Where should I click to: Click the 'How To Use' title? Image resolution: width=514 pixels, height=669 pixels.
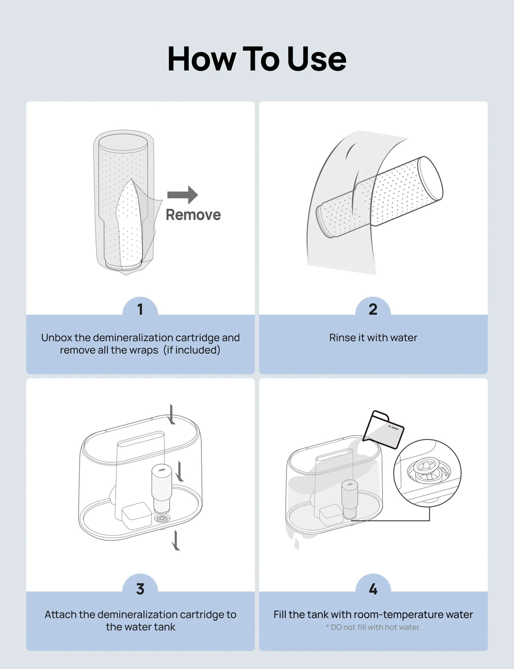(x=257, y=59)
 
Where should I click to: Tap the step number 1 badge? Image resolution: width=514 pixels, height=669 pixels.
(x=140, y=309)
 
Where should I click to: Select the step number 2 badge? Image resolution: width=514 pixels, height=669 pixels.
(x=373, y=309)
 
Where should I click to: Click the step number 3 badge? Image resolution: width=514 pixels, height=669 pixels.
(x=140, y=589)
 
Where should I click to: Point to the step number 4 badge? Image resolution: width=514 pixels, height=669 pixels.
(x=373, y=589)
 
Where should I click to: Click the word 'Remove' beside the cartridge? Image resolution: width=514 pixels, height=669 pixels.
(x=193, y=215)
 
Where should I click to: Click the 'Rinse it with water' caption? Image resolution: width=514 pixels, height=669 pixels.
(x=373, y=338)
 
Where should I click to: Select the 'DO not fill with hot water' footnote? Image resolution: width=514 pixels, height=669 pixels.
(x=373, y=627)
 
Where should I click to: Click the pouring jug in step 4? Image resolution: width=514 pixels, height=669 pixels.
(x=383, y=429)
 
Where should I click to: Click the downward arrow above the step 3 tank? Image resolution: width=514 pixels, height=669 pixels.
(x=171, y=414)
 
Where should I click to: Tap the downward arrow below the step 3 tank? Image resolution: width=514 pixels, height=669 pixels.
(x=176, y=540)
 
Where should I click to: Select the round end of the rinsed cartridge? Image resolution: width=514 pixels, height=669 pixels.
(x=430, y=178)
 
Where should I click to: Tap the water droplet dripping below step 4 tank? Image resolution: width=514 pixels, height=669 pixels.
(x=296, y=545)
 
